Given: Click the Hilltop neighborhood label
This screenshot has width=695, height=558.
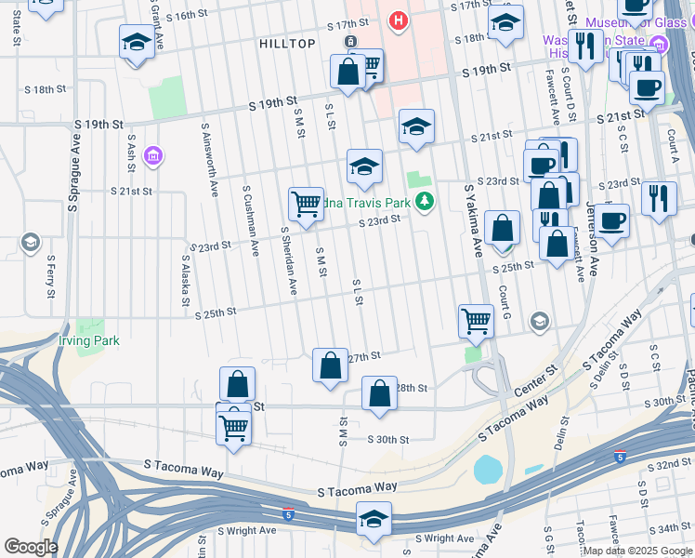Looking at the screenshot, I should tap(287, 44).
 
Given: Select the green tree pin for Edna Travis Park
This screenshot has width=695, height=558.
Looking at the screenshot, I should tap(426, 200).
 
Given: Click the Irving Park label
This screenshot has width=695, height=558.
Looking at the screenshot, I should tap(89, 341).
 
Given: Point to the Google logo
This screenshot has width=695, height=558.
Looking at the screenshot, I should tap(31, 547).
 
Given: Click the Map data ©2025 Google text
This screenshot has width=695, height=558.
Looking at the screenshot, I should tap(637, 550).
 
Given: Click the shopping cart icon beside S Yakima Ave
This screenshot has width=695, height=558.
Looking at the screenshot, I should tap(476, 321).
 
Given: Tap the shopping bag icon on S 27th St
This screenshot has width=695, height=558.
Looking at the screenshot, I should tap(330, 365).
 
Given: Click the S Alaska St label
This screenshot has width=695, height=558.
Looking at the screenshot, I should tap(186, 284).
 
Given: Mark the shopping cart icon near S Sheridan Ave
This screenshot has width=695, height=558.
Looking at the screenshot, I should tap(306, 204).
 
